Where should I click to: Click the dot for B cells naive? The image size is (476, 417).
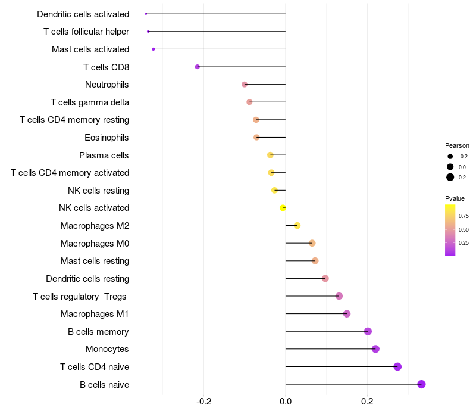[x=421, y=384]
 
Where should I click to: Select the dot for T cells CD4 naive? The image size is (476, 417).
[x=397, y=366]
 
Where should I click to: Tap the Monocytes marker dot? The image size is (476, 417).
[x=375, y=349]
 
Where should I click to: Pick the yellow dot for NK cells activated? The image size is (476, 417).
[x=283, y=208]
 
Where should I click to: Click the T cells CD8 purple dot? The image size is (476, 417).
[x=198, y=67]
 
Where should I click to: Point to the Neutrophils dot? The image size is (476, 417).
[x=245, y=85]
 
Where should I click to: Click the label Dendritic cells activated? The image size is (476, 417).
[x=83, y=14]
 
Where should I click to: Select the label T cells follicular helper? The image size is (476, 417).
[x=86, y=32]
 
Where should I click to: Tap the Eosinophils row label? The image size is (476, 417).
[x=107, y=138]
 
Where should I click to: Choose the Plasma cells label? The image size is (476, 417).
[x=104, y=155]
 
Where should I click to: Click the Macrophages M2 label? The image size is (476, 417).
[x=95, y=226]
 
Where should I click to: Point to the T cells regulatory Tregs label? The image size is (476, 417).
[x=80, y=296]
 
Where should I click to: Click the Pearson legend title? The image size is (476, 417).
[x=457, y=145]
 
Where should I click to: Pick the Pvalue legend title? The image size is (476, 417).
[x=455, y=198]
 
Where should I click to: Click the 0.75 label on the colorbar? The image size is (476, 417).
[x=464, y=216]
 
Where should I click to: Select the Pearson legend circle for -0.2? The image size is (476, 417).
[x=450, y=157]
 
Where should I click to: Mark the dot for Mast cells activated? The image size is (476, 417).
[x=154, y=49]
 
